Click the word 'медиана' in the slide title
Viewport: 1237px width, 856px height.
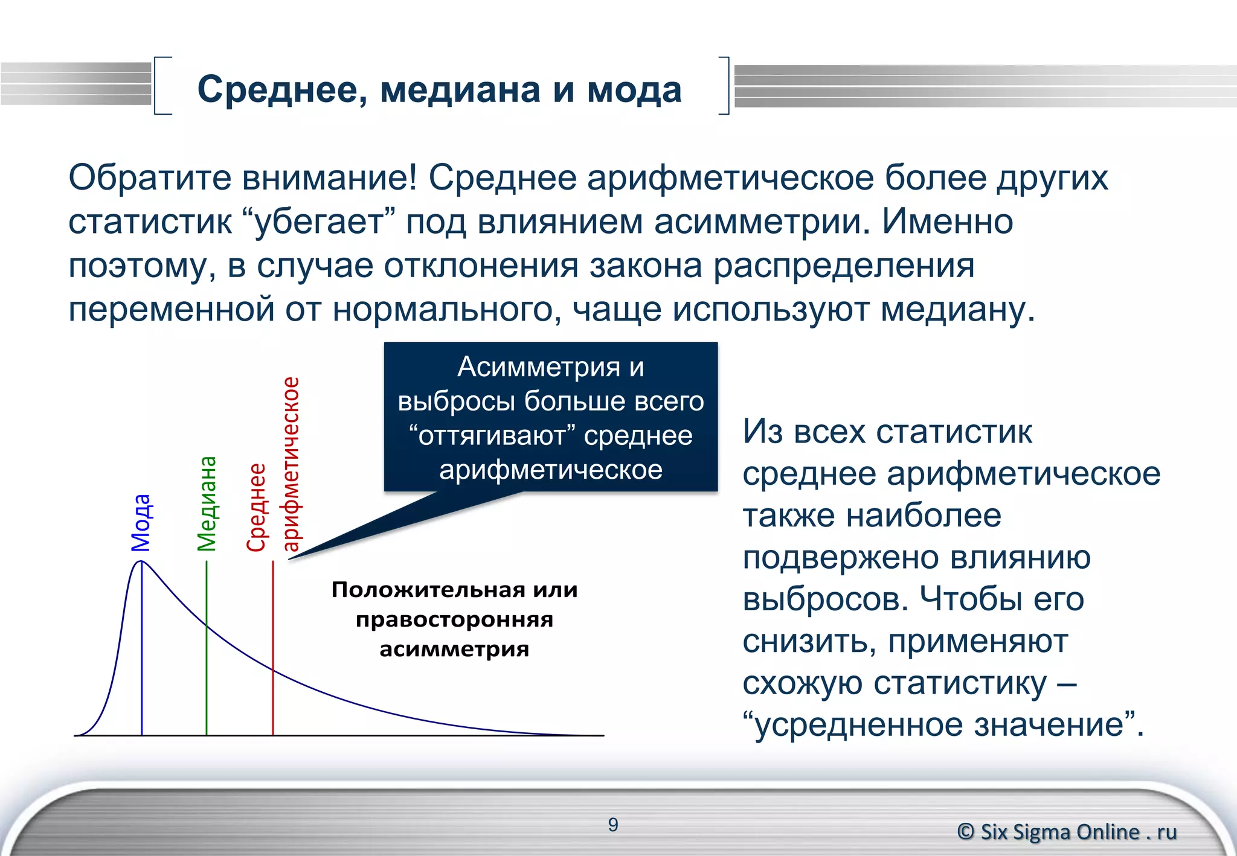(x=460, y=91)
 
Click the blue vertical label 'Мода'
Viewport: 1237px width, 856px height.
(x=141, y=523)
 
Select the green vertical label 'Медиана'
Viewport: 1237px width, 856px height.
(x=207, y=503)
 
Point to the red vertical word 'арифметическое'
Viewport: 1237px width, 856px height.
(x=291, y=464)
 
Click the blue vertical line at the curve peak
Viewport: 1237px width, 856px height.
(x=141, y=652)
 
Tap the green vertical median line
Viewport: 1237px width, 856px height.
(x=207, y=676)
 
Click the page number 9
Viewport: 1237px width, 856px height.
(x=613, y=825)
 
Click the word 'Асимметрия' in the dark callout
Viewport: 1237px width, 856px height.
(x=538, y=366)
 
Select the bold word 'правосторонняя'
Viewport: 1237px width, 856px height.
(x=454, y=620)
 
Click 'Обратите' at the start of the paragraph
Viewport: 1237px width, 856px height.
(x=149, y=178)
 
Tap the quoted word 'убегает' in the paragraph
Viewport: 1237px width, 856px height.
(x=319, y=222)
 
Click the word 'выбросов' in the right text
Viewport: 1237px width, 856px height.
(x=825, y=599)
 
